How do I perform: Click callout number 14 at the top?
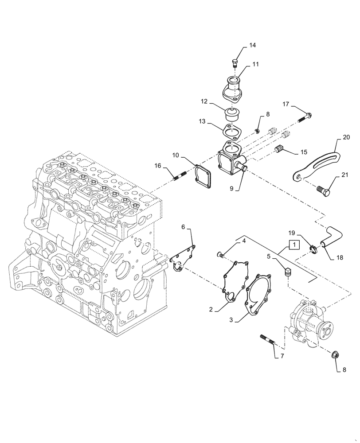pos(252,45)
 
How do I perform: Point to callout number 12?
pos(204,102)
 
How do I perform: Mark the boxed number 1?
pos(293,245)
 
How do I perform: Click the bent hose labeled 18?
pos(329,235)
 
